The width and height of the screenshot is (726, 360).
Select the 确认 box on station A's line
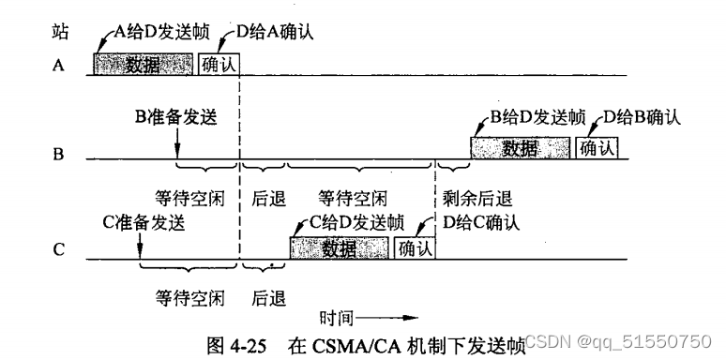[x=219, y=64]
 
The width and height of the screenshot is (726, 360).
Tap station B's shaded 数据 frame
[x=521, y=147]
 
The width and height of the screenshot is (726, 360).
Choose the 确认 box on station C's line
[x=415, y=247]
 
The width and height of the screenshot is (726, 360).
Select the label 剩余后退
[x=477, y=198]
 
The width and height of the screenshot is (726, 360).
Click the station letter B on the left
[x=58, y=153]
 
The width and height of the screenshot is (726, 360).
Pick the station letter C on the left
[x=58, y=250]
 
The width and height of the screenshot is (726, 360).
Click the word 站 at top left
[x=59, y=30]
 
